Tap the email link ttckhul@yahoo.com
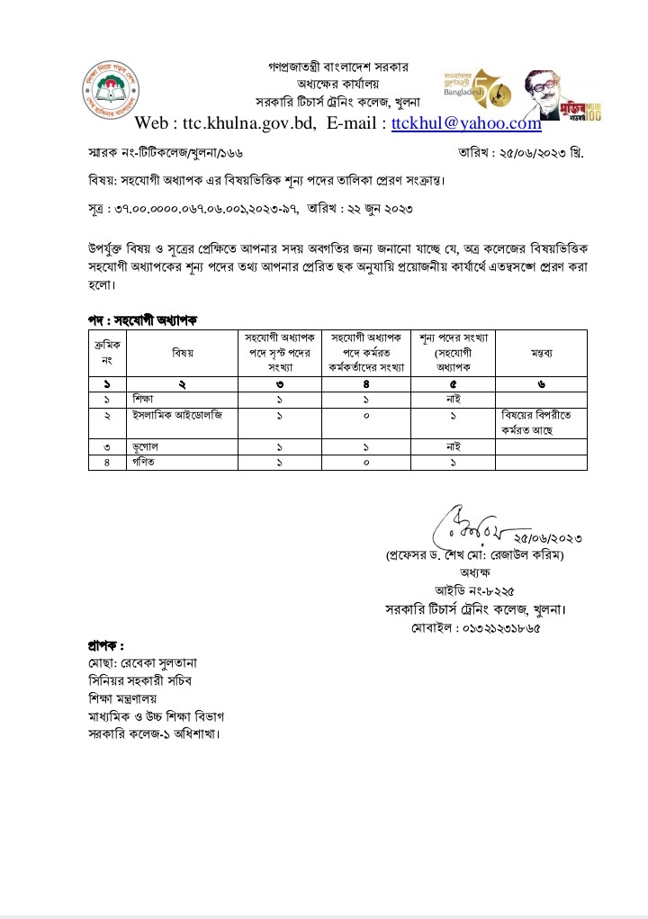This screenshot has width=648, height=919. [x=466, y=123]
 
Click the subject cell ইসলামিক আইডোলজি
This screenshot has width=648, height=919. [x=175, y=416]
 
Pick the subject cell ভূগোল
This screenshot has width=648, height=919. [x=144, y=446]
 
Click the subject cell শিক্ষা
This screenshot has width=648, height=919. [x=143, y=399]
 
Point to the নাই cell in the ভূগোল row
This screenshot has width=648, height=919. [x=454, y=446]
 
